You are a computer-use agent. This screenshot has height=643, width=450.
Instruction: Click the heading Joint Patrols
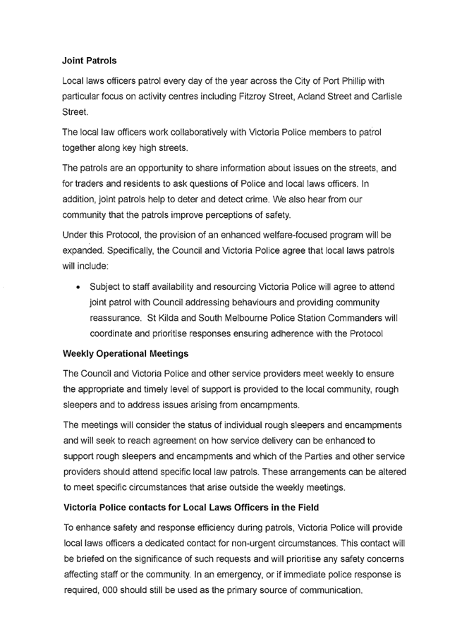point(90,61)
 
